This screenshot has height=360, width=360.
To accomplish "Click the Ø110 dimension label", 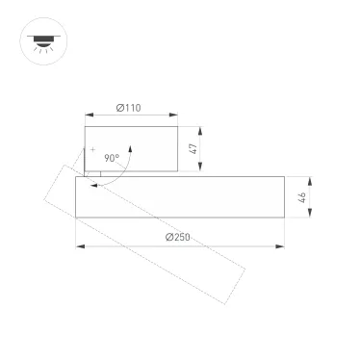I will click(130, 109).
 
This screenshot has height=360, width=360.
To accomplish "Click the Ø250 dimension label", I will click(179, 238).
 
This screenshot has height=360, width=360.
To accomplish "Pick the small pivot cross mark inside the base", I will click(94, 151).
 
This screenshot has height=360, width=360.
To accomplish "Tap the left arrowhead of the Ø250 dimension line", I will click(79, 248).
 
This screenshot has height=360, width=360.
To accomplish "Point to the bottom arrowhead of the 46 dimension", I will click(309, 217).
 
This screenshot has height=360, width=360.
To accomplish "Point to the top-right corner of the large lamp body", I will click(285, 177).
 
